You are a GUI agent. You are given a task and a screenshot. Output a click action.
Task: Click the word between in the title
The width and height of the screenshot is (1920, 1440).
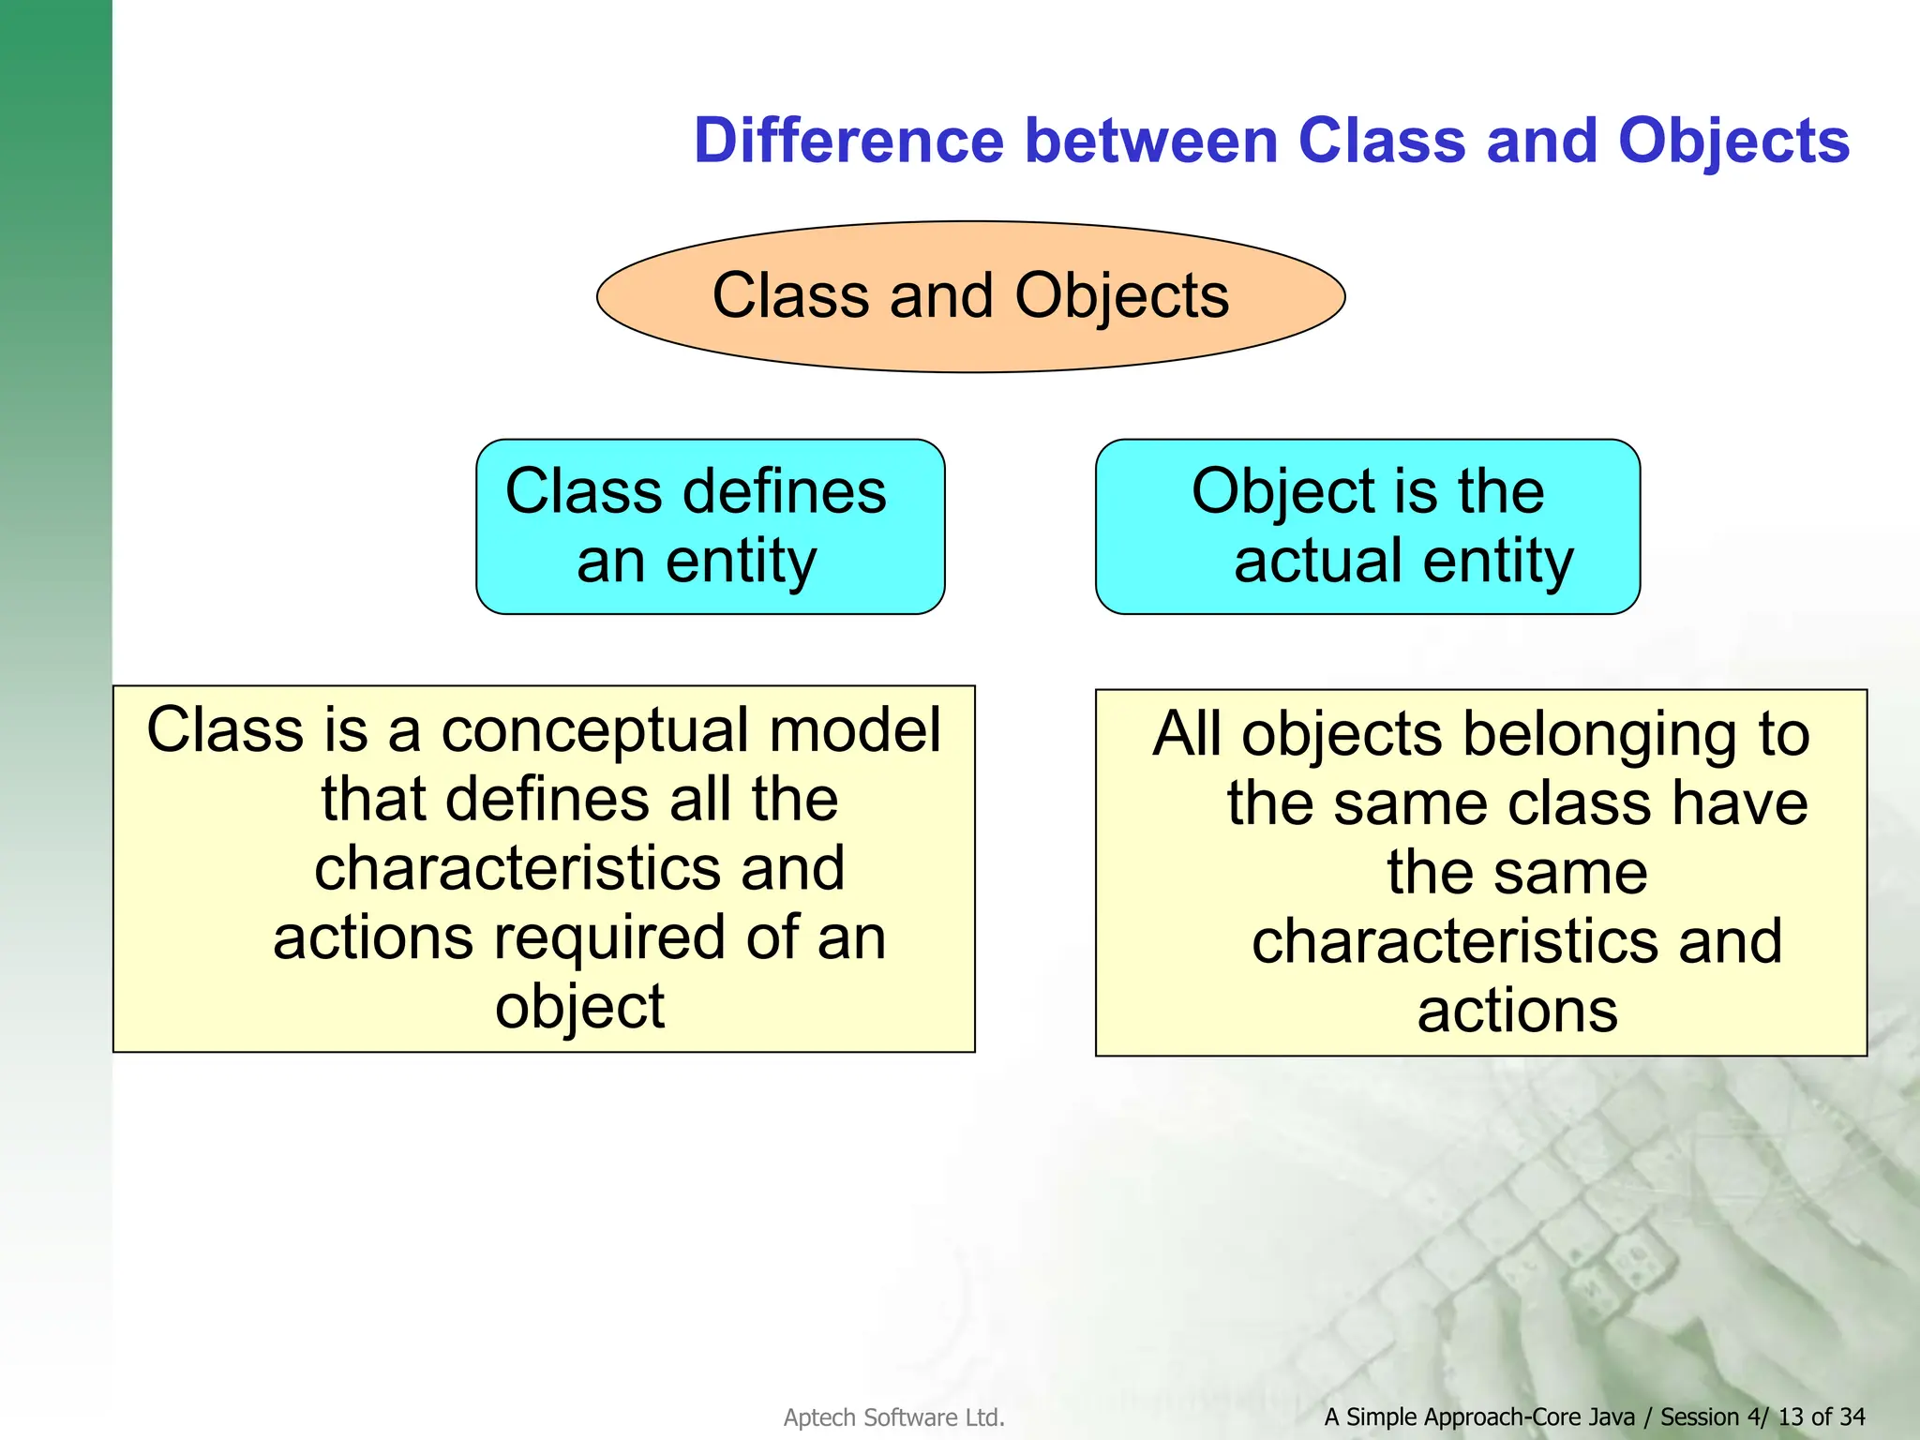[1151, 141]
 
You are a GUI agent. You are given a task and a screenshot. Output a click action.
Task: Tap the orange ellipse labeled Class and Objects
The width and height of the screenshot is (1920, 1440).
[970, 296]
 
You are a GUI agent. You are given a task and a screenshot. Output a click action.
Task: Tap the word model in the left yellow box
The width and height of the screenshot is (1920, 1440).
[855, 729]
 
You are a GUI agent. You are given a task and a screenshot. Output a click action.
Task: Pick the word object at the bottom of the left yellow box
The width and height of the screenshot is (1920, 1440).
[579, 1007]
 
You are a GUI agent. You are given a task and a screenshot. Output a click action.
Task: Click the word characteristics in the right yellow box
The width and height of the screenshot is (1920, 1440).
[1456, 941]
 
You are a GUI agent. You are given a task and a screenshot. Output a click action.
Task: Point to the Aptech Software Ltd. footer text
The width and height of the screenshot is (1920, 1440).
[893, 1417]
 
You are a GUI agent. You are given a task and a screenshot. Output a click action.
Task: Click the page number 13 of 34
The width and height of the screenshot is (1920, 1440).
[1821, 1417]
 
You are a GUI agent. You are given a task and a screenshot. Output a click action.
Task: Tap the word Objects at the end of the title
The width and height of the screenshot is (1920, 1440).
[1733, 141]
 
